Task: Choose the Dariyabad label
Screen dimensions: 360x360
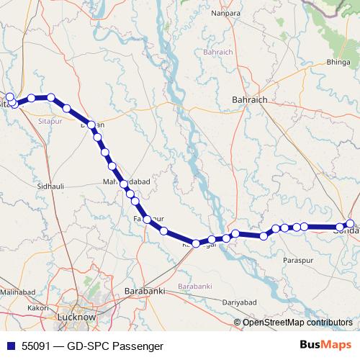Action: pyautogui.click(x=240, y=302)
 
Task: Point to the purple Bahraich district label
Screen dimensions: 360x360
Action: pyautogui.click(x=218, y=53)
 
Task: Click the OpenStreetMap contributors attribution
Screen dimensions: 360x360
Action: pyautogui.click(x=297, y=323)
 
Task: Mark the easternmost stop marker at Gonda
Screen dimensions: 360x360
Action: pyautogui.click(x=351, y=224)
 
